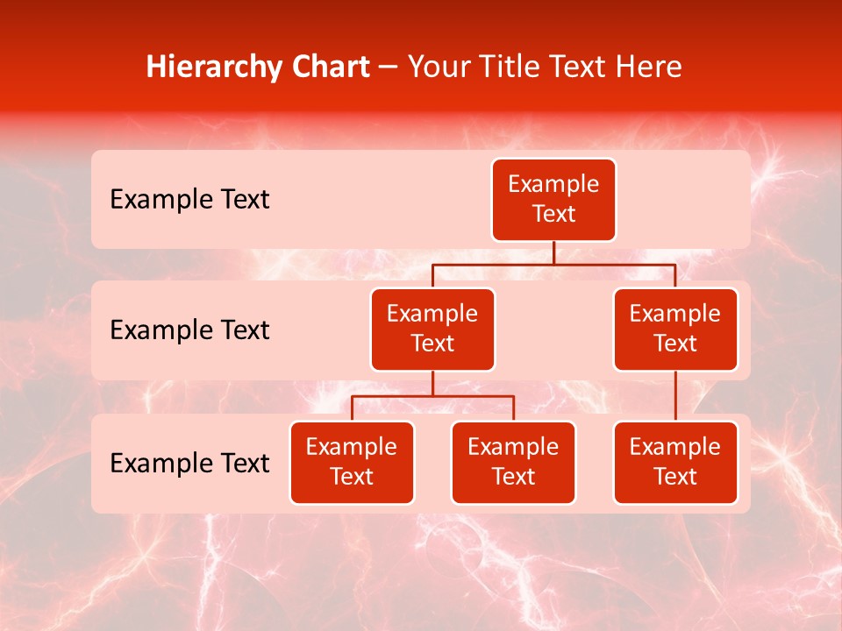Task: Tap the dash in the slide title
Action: (388, 67)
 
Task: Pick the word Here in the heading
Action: (646, 67)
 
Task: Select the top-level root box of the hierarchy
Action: (553, 200)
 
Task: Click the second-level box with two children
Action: (432, 329)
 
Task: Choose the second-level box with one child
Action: (675, 329)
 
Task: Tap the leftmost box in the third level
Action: (352, 462)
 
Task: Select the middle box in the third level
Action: (513, 462)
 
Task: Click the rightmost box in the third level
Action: (675, 462)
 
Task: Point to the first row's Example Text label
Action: (189, 200)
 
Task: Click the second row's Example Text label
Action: (189, 330)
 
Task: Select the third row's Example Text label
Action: (189, 463)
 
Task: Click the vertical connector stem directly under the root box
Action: (553, 252)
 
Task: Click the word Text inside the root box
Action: (553, 214)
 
